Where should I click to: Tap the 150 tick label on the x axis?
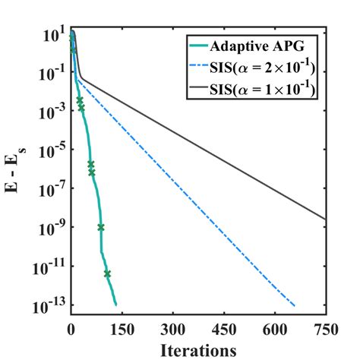tap(122, 330)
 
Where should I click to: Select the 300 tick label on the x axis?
tap(173, 330)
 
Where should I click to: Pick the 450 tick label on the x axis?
tap(224, 330)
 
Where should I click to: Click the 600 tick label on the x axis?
tap(275, 330)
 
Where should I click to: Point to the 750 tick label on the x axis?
tap(326, 330)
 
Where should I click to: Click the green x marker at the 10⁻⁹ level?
tap(100, 227)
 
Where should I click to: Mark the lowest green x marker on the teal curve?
tap(107, 273)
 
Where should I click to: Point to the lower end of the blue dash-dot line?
tap(294, 305)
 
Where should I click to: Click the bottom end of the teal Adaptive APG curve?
tap(115, 305)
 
